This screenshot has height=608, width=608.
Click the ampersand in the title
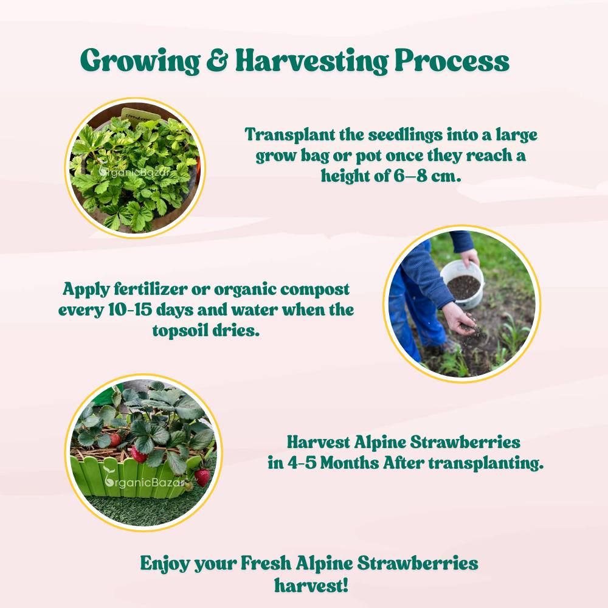[x=218, y=60]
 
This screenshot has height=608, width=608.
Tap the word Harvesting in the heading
[x=312, y=61]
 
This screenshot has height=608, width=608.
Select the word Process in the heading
[x=452, y=60]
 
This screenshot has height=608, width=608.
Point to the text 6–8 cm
[x=427, y=176]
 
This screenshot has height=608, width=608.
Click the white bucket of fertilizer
[x=463, y=283]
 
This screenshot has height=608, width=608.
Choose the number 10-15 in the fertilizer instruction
[x=130, y=310]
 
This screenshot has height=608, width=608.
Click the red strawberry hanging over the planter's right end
[x=202, y=477]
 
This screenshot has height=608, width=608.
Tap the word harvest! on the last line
[x=311, y=585]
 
